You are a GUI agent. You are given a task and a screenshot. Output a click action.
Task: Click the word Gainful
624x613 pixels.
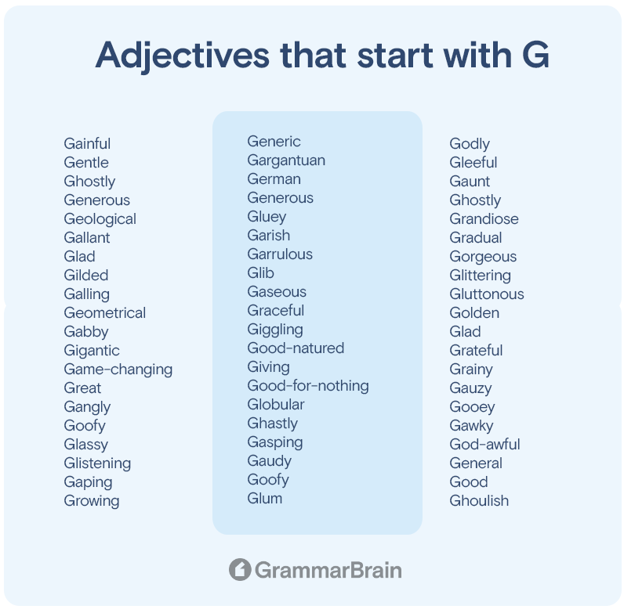pos(87,143)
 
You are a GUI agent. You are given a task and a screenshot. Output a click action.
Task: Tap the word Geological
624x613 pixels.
pos(100,219)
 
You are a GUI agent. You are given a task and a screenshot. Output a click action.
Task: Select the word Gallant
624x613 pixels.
pos(87,238)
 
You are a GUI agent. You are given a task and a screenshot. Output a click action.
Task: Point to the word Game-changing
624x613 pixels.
pos(118,370)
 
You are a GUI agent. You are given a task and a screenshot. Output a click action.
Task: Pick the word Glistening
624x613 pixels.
pos(97,463)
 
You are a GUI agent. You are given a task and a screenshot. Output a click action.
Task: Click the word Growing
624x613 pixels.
pos(92,501)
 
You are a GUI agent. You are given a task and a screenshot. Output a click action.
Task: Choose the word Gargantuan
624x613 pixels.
pos(286,160)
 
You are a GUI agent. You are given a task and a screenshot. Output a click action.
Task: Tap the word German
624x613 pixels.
pos(274,179)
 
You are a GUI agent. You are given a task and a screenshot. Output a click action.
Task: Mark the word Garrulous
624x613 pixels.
pos(280,254)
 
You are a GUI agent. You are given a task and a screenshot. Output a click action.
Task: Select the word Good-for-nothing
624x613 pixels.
pos(308,386)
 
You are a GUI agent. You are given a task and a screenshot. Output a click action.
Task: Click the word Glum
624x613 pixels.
pos(265,499)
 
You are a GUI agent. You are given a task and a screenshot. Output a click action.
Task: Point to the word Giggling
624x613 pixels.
pos(275,330)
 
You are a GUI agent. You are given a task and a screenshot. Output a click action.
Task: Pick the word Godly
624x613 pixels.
pos(470,144)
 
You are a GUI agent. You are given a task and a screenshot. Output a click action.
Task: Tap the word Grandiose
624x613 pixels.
pos(484,219)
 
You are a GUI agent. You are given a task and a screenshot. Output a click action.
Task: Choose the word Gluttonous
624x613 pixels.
pos(487,294)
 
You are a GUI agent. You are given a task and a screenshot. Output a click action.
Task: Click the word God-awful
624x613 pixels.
pos(484,445)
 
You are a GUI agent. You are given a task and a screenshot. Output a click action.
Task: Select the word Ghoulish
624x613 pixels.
pos(479,501)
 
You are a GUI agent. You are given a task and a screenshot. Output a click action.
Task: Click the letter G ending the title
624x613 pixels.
pos(535,55)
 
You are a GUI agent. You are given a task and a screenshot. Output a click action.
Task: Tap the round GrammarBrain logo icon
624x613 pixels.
pos(240,569)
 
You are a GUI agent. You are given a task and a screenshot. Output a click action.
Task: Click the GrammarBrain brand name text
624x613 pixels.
pos(328,570)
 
